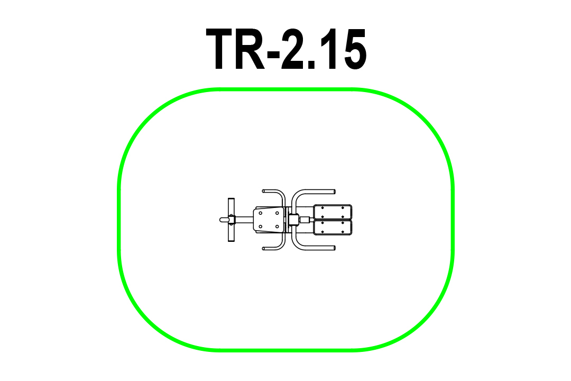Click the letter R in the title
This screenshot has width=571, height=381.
(250, 49)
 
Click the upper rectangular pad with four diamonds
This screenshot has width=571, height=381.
(333, 212)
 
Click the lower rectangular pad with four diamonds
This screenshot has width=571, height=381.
(333, 228)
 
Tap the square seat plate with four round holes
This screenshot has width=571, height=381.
(269, 220)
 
